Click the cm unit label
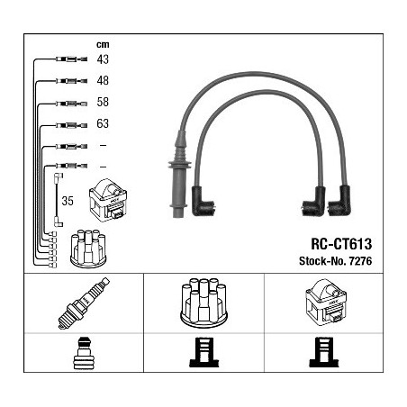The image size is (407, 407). point(103,45)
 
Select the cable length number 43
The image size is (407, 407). point(103,59)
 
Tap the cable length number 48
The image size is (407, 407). point(103,80)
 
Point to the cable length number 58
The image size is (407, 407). point(103,102)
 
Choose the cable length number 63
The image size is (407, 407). point(103,123)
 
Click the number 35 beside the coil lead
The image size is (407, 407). point(68,201)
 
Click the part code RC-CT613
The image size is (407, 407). point(341,244)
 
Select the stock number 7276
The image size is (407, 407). point(360,261)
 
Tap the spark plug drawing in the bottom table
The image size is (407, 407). point(84,303)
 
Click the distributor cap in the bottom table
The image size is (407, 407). point(203,303)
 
